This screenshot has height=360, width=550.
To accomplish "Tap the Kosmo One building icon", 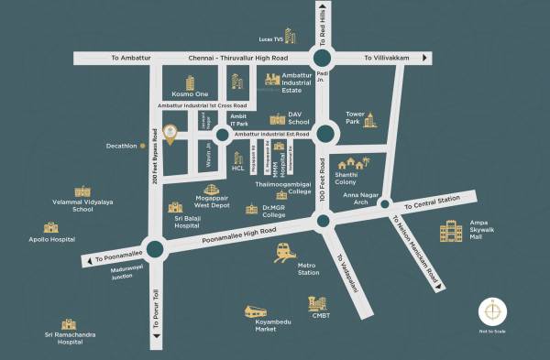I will point(191,83).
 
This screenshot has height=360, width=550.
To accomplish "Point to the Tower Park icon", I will point(369,120).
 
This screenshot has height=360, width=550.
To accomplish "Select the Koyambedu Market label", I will point(266,323).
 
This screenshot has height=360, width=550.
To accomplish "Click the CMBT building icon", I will point(318,303).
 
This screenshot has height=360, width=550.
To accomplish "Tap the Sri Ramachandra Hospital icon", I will point(68,324).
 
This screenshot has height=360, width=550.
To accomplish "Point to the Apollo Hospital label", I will point(50,239).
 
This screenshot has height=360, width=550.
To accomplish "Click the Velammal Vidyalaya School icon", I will point(83,191).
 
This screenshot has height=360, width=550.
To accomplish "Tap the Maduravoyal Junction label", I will point(129,273).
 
